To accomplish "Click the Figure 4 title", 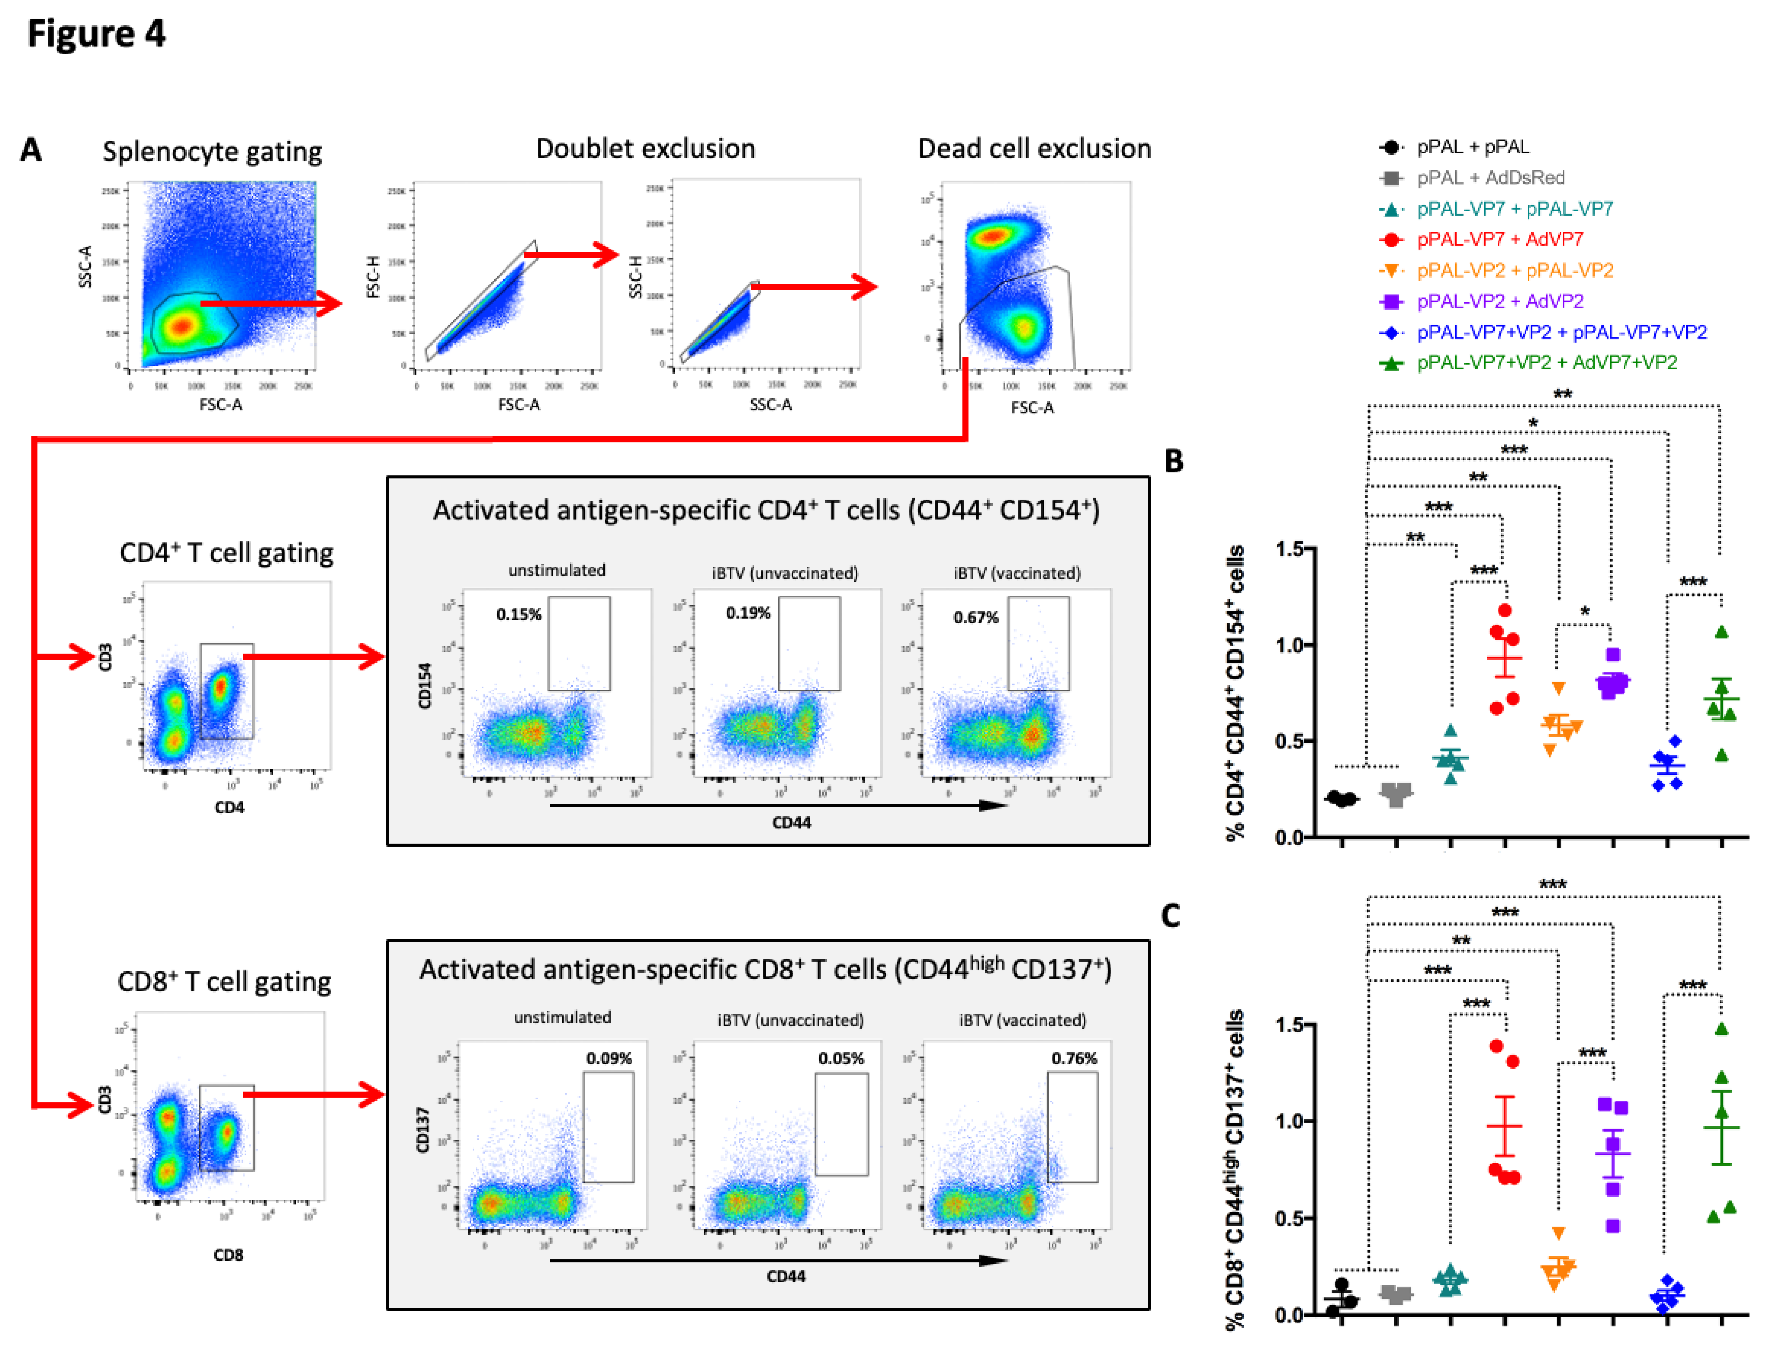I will pyautogui.click(x=96, y=33).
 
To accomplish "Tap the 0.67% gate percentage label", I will pyautogui.click(x=975, y=617).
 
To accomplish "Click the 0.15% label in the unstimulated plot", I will pyautogui.click(x=518, y=614).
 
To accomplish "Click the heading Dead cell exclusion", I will pyautogui.click(x=1034, y=149).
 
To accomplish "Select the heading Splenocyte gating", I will pyautogui.click(x=212, y=151).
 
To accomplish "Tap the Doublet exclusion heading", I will pyautogui.click(x=645, y=149).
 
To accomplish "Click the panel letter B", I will pyautogui.click(x=1173, y=462).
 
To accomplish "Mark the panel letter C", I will pyautogui.click(x=1171, y=916).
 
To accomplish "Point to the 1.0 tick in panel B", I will pyautogui.click(x=1291, y=645).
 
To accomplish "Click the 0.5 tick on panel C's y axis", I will pyautogui.click(x=1291, y=1218).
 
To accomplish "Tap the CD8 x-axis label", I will pyautogui.click(x=228, y=1255).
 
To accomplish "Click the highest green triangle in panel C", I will pyautogui.click(x=1722, y=1029).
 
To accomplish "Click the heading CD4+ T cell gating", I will pyautogui.click(x=227, y=553).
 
